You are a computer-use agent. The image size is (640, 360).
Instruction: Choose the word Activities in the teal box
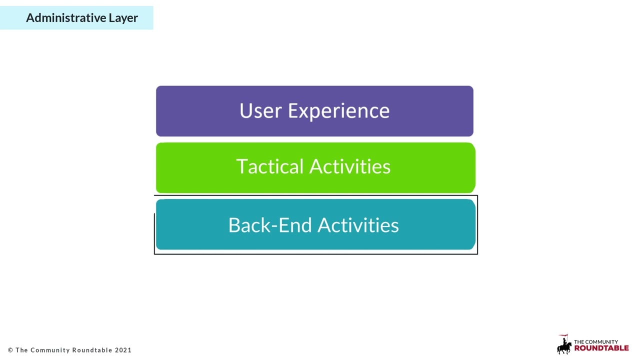click(x=358, y=225)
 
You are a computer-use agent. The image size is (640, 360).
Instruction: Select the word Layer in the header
click(x=123, y=18)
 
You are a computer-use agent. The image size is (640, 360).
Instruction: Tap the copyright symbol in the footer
click(x=10, y=350)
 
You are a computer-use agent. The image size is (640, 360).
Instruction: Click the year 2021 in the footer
click(x=123, y=350)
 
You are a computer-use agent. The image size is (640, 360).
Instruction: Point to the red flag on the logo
click(x=563, y=336)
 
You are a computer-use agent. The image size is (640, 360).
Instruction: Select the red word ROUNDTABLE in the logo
click(x=601, y=348)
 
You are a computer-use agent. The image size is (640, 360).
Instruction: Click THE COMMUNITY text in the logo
click(x=595, y=342)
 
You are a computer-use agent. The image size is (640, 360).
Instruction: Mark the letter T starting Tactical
click(x=241, y=167)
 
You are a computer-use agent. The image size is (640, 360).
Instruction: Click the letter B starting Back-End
click(x=234, y=225)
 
